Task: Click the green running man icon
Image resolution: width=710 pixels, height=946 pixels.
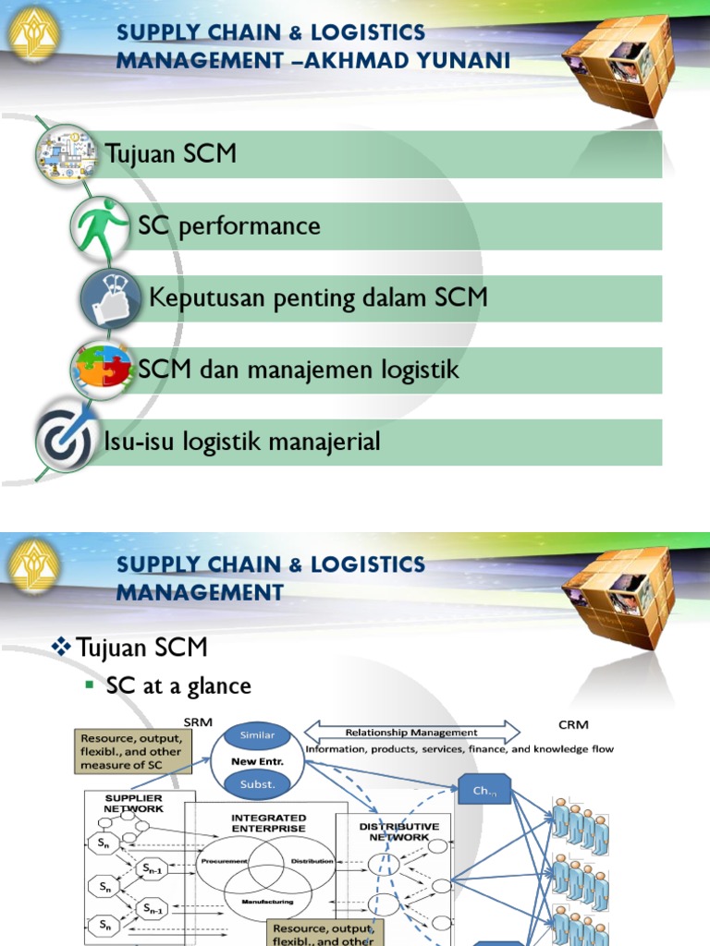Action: click(101, 226)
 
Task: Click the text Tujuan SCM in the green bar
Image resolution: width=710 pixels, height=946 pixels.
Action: click(171, 153)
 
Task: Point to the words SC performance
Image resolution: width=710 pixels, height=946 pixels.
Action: click(228, 225)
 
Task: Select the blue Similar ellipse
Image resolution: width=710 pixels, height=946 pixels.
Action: click(257, 735)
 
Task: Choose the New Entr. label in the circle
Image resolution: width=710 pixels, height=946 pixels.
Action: click(257, 760)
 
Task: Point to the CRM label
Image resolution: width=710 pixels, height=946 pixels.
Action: click(573, 724)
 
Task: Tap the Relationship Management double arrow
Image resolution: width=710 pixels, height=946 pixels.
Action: click(411, 733)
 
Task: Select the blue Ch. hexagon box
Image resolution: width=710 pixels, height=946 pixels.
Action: click(484, 790)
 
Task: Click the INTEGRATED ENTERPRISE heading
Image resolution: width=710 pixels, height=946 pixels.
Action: click(268, 822)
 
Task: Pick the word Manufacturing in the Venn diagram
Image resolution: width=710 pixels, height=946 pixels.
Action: click(267, 901)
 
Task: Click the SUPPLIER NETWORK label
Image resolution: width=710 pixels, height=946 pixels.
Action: click(134, 802)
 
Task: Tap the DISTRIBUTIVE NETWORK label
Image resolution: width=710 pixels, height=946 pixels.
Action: click(398, 831)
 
